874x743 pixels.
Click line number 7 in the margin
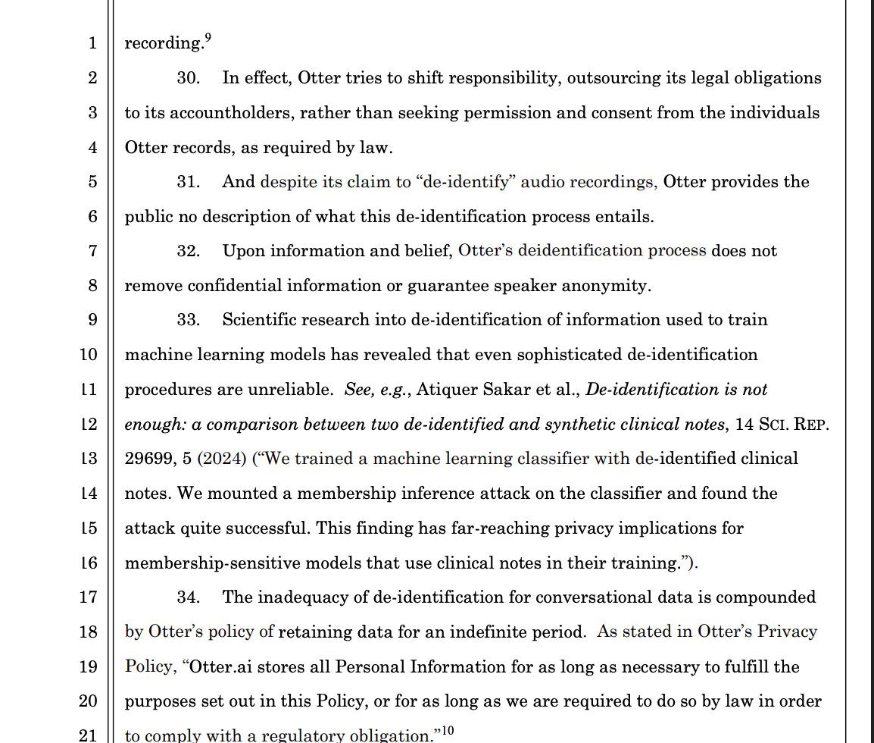[x=92, y=251]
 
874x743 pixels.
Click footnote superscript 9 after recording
[x=208, y=38]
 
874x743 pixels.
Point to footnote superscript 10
[x=447, y=730]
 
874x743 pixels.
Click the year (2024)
[x=222, y=459]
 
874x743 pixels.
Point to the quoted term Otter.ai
[x=220, y=667]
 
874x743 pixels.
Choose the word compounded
[x=766, y=597]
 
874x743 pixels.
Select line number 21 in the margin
[x=89, y=734]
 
